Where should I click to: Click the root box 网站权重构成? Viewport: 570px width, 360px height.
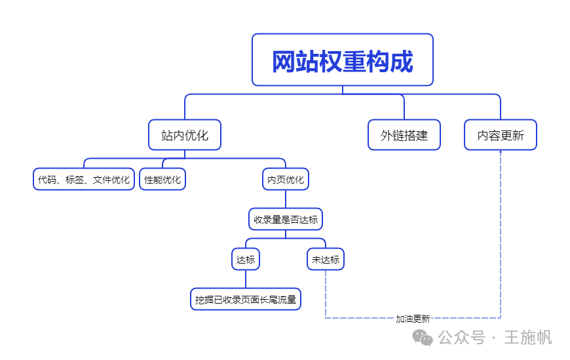click(343, 60)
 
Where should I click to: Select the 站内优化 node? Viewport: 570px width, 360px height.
click(185, 135)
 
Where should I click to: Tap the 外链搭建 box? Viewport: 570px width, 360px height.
click(404, 135)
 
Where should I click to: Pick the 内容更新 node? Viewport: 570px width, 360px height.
click(501, 135)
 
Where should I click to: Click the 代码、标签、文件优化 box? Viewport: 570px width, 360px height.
click(84, 179)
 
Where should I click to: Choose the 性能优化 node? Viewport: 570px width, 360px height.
click(162, 179)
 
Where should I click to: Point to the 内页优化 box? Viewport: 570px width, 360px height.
click(286, 179)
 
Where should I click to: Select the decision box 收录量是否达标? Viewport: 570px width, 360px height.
click(286, 219)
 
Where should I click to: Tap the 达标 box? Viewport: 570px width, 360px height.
click(246, 259)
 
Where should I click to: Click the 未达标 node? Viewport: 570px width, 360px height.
click(326, 259)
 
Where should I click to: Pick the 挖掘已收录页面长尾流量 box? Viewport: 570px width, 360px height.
click(246, 300)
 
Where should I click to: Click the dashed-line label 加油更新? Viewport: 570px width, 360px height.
click(413, 319)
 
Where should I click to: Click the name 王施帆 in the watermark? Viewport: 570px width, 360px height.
click(528, 338)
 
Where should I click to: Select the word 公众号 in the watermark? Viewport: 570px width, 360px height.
click(461, 338)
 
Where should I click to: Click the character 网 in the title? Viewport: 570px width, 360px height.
click(283, 62)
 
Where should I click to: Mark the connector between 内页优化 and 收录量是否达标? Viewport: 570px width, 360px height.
click(286, 199)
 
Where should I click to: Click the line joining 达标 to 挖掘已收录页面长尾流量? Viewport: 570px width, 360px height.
click(246, 279)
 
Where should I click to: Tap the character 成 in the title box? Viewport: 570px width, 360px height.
click(403, 62)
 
